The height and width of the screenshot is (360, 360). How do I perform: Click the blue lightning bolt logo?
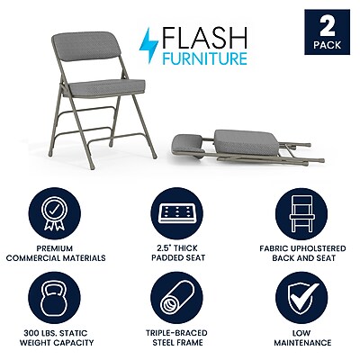point(148,46)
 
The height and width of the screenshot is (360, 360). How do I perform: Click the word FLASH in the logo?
point(204,38)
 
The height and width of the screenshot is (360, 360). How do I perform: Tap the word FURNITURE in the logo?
point(204,58)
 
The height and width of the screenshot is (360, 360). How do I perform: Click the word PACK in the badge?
point(328,45)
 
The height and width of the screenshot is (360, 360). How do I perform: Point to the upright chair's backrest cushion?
point(86,47)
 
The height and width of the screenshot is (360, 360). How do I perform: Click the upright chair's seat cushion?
point(104,88)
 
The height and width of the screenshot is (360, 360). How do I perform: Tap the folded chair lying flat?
point(247,148)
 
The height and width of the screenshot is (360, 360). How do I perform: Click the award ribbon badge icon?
point(54,213)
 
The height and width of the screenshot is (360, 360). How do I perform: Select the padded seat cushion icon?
point(176,213)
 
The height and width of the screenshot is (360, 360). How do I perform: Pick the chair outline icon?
point(301,213)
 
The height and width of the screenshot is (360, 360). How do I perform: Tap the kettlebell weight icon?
point(54,298)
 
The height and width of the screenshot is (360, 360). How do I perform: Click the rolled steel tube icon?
point(176,298)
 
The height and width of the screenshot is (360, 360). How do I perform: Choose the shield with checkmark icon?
point(301,299)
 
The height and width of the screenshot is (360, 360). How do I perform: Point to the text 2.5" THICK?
point(177,248)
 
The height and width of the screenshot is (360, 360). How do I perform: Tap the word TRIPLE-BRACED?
point(176,333)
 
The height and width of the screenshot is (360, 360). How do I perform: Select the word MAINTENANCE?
point(302,343)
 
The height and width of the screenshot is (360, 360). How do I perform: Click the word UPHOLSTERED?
point(318,248)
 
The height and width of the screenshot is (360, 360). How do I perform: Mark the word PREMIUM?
point(55,248)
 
